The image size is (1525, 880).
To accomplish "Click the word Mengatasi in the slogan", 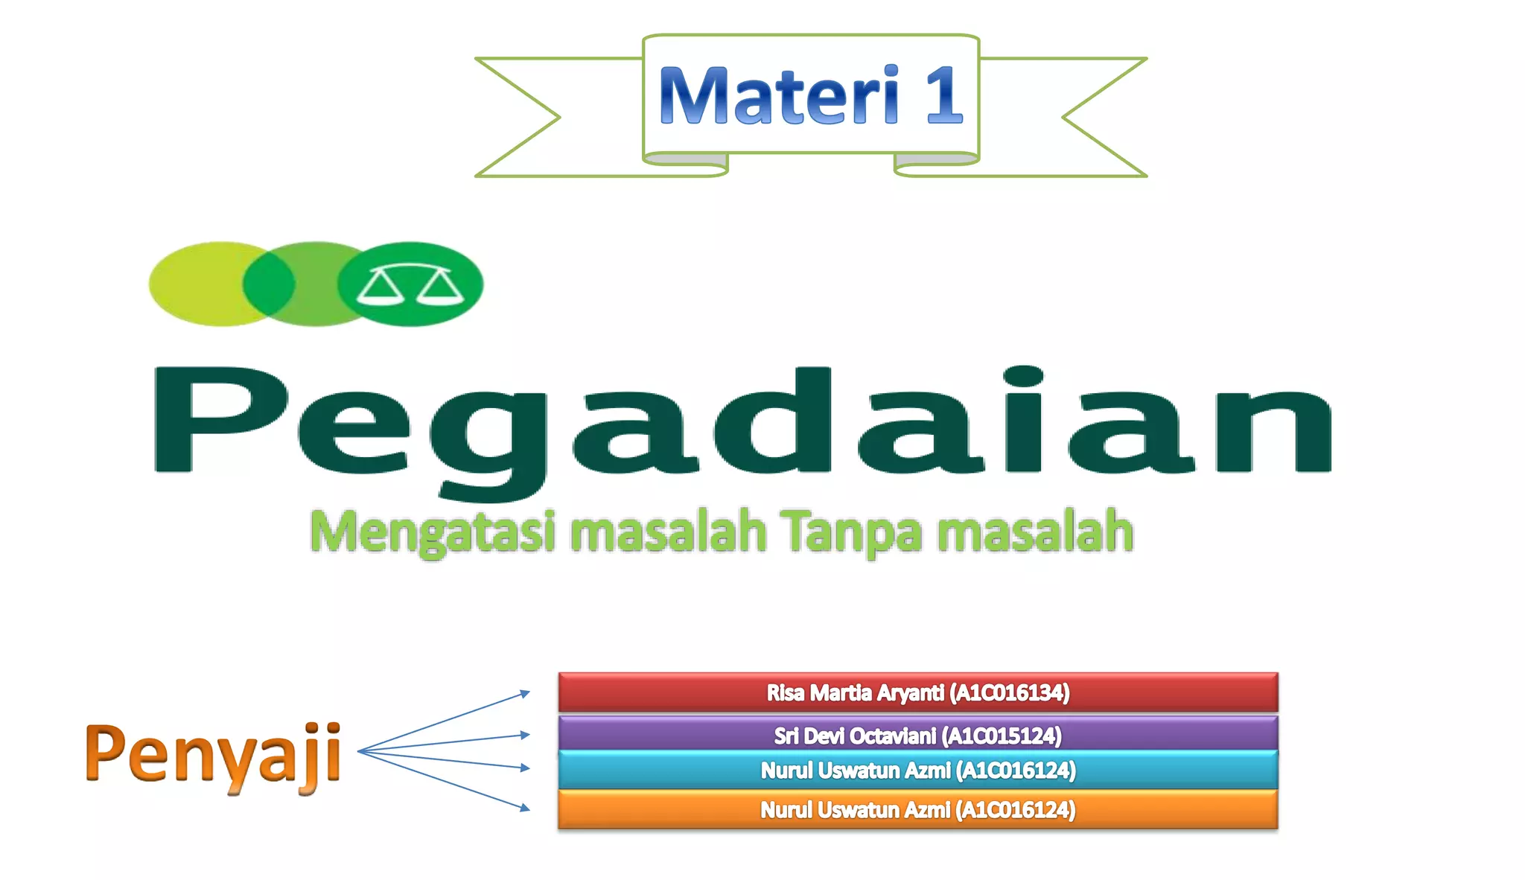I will click(x=432, y=532).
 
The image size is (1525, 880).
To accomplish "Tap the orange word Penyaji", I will click(x=213, y=753).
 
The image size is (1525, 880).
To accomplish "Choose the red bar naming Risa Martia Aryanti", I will click(x=917, y=692).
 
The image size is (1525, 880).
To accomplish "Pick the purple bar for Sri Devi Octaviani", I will click(x=917, y=734).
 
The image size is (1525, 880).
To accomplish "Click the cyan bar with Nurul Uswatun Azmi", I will click(x=917, y=770).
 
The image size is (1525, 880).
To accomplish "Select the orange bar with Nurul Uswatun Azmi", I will click(x=917, y=809).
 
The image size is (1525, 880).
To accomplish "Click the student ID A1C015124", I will click(x=1002, y=736).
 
